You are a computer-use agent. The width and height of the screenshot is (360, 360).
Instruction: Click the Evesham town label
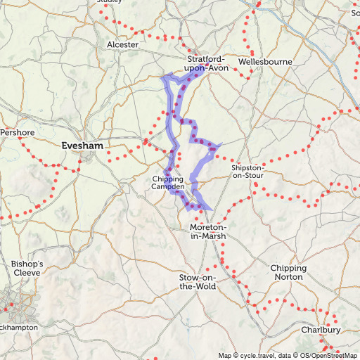[x=82, y=146]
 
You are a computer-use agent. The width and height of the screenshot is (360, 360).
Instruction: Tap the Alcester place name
[x=122, y=44]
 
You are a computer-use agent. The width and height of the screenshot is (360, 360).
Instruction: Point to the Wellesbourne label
[x=265, y=62]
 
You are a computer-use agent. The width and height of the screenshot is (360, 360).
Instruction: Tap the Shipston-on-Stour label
[x=247, y=172]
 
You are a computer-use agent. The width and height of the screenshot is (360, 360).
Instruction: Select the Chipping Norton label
[x=288, y=273]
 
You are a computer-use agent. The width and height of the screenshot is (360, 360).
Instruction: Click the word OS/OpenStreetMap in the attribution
[x=330, y=355]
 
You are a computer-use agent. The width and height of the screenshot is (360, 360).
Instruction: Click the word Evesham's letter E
[x=65, y=146]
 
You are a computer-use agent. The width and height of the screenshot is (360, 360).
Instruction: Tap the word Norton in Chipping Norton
[x=289, y=277]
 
